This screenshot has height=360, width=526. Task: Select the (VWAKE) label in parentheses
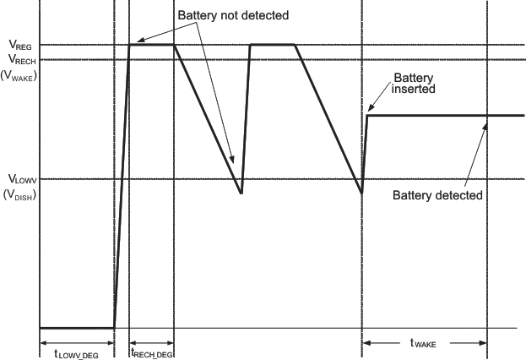click(22, 73)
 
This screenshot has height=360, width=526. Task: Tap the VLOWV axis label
click(20, 179)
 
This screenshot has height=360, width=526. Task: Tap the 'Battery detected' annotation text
click(438, 195)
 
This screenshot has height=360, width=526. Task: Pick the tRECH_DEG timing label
click(152, 355)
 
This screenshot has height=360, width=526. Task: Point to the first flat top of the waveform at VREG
click(151, 45)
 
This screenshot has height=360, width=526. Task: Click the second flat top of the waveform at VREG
click(272, 45)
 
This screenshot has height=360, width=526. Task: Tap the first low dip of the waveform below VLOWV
click(241, 193)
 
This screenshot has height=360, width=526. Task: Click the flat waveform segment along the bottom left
click(76, 327)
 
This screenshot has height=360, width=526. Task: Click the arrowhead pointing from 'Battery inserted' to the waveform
click(368, 111)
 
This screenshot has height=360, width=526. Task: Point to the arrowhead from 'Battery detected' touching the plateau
click(486, 122)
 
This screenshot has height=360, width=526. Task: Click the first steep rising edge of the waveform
click(121, 186)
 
